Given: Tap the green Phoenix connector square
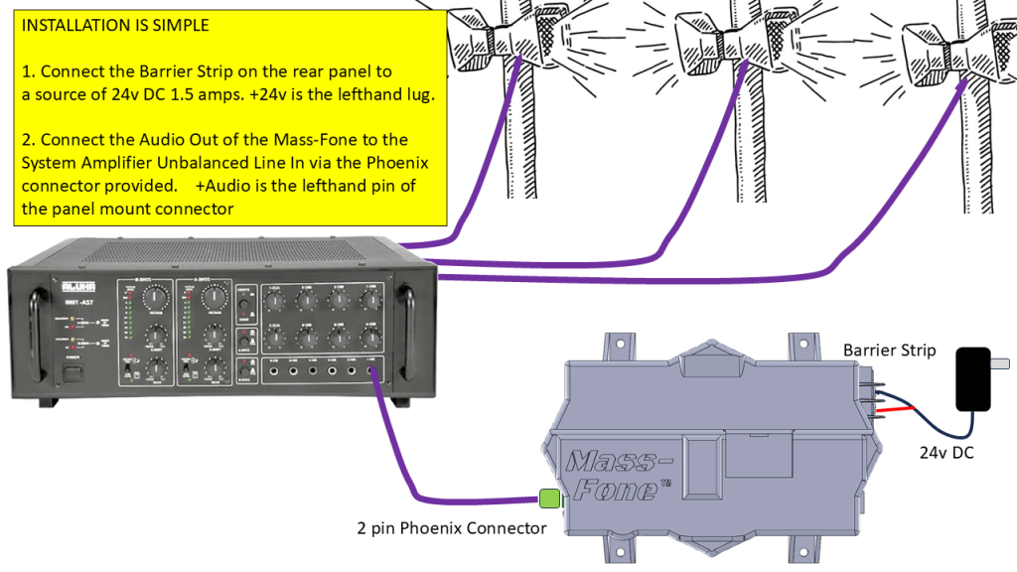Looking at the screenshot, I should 549,499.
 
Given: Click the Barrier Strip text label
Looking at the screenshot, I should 889,350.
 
